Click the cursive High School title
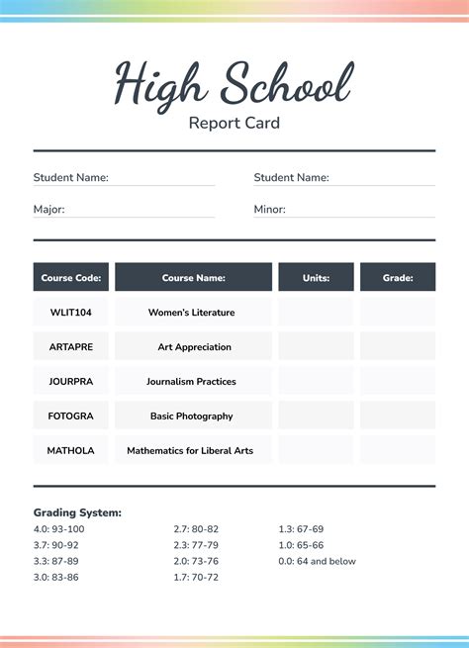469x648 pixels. click(234, 83)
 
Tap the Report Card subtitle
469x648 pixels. click(234, 124)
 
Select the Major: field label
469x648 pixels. click(50, 209)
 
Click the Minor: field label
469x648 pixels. click(269, 209)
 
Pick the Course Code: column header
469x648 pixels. click(71, 278)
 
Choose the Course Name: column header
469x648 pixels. click(193, 278)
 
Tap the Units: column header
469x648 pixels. click(316, 278)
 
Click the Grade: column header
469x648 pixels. click(398, 278)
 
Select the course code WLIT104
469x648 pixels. click(71, 313)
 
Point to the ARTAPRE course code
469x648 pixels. click(71, 347)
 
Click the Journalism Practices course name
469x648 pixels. click(191, 382)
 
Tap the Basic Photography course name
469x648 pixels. click(192, 417)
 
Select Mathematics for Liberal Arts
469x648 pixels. click(190, 451)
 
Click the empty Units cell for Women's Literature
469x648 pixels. click(316, 313)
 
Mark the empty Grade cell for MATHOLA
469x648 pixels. click(398, 450)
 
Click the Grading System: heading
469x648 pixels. click(77, 512)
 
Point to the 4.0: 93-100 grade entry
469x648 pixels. click(59, 529)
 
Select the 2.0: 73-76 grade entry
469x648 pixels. click(196, 561)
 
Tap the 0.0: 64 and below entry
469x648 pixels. click(317, 561)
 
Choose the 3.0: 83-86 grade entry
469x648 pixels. click(56, 577)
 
